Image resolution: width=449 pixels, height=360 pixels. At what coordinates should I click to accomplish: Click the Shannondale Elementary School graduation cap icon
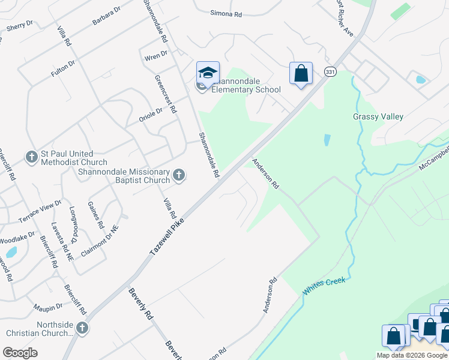point(208,73)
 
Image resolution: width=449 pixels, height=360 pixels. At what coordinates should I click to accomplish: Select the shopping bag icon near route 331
point(301,74)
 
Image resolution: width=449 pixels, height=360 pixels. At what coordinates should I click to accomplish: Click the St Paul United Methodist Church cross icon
point(32,157)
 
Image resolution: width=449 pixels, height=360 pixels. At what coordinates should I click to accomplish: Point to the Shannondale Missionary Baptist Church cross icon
point(178,175)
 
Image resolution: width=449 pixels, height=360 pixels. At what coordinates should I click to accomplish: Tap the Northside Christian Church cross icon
point(82,328)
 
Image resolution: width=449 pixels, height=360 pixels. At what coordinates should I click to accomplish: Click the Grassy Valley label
point(378,117)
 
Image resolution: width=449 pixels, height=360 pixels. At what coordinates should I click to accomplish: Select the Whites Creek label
point(324,285)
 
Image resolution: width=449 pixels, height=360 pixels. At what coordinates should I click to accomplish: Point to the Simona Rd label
point(226,13)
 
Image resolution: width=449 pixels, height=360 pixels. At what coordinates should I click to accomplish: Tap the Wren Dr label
point(155,56)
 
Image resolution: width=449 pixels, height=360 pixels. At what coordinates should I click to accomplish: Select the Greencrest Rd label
point(166,95)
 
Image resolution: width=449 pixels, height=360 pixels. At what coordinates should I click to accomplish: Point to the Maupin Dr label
point(48,307)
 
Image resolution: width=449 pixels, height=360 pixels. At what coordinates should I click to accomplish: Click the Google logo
point(20,353)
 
